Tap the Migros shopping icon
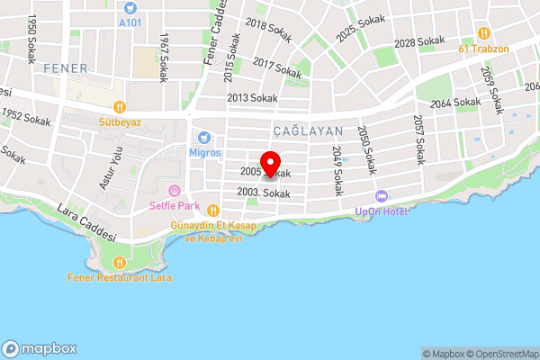pos(204,138)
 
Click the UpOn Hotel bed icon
pos(381,196)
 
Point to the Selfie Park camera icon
pos(175,190)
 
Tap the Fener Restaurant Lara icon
pos(120,263)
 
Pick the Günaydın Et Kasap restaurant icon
pos(212,209)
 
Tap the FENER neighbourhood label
pos(65,68)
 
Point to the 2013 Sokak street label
pos(252,98)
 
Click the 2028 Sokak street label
pos(419,42)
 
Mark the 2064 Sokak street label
pos(455,103)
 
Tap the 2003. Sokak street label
pos(264,193)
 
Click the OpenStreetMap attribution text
pos(502,354)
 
